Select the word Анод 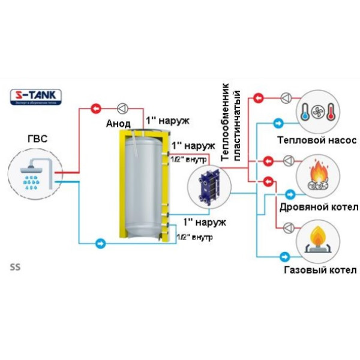[x=118, y=124]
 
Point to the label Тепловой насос [x=317, y=140]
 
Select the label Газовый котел [x=319, y=269]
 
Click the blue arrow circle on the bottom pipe [x=101, y=243]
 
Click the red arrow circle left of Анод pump [x=96, y=109]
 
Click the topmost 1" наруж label [x=167, y=121]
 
